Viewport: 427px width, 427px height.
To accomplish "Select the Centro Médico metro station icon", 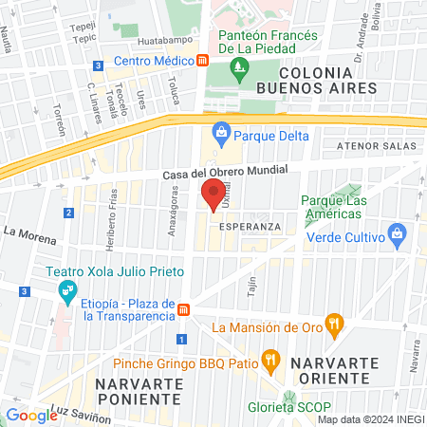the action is coord(203,62).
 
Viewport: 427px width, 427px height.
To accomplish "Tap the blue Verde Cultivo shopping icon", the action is coord(398,233).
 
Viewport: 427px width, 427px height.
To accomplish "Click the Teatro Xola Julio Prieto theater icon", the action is coord(67,292).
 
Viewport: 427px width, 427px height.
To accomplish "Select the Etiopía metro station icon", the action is coord(184,308).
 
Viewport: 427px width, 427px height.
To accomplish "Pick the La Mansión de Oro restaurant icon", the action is coord(333,325).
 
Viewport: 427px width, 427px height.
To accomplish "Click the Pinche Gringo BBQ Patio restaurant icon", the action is coord(271,359).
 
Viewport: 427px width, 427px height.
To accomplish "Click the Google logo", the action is coord(31,415).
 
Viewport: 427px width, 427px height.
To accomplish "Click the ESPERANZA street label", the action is coord(249,228).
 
